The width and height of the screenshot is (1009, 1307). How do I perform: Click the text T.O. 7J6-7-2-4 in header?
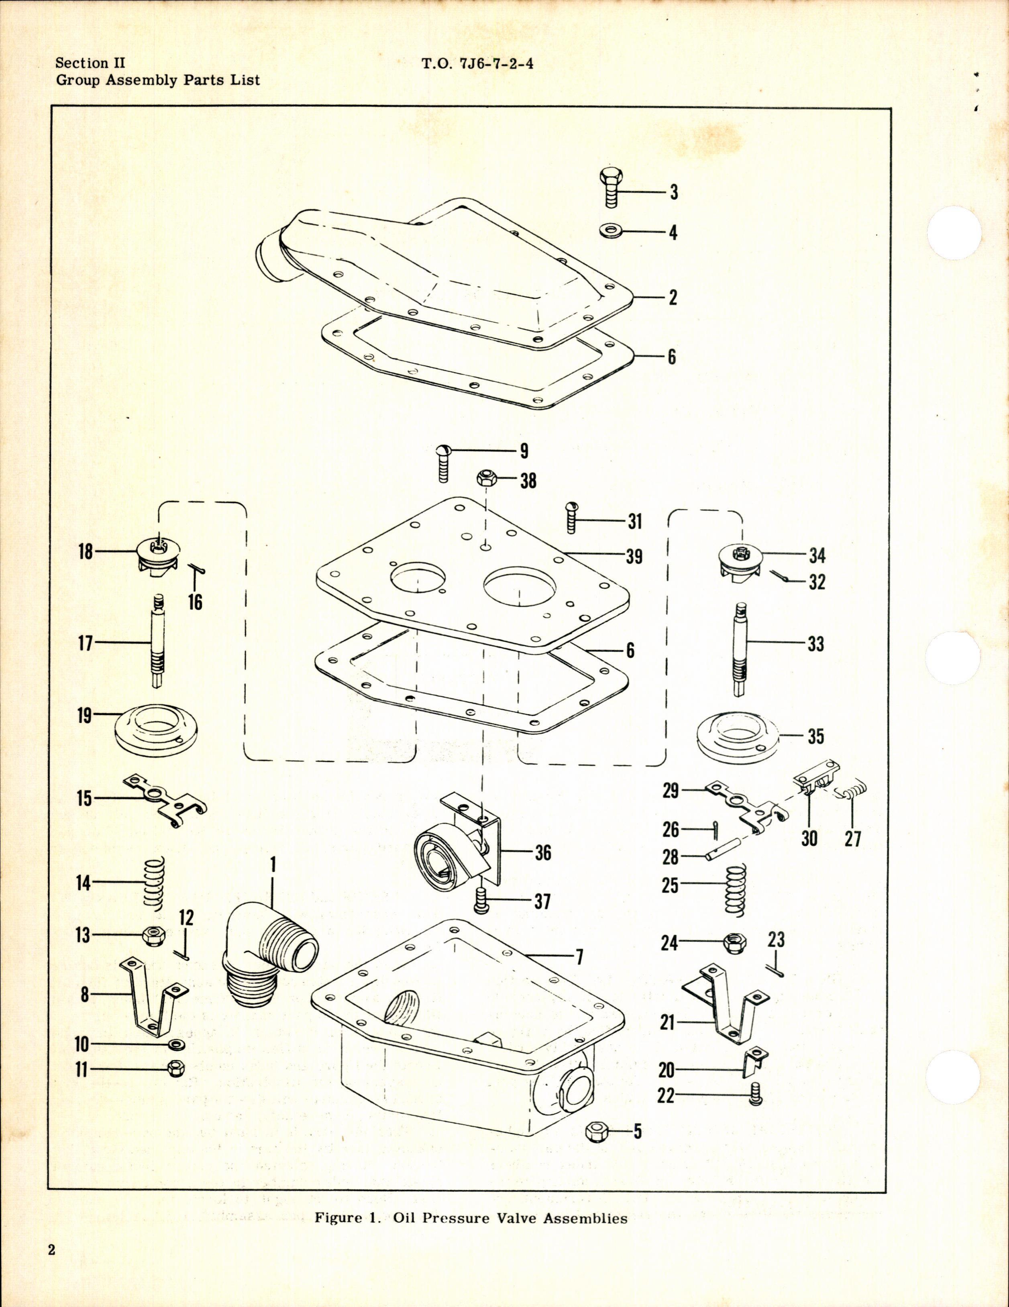click(x=477, y=64)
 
